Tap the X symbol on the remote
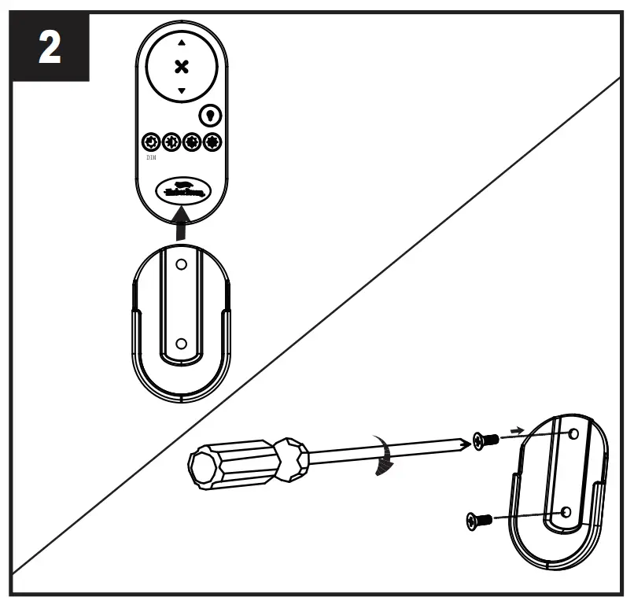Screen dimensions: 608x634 (182, 66)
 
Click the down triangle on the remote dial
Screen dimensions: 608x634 (182, 91)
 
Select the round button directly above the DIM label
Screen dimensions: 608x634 (150, 142)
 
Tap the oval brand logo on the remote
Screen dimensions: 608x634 (182, 189)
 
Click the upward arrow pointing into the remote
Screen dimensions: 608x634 (182, 223)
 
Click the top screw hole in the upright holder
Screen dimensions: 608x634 (182, 266)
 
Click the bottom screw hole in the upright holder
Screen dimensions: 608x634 (182, 343)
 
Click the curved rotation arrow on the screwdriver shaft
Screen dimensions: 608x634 (383, 456)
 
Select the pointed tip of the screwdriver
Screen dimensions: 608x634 (468, 445)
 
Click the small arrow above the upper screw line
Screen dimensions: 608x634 (515, 430)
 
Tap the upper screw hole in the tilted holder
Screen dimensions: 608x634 (573, 434)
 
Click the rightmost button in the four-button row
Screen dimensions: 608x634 (212, 142)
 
